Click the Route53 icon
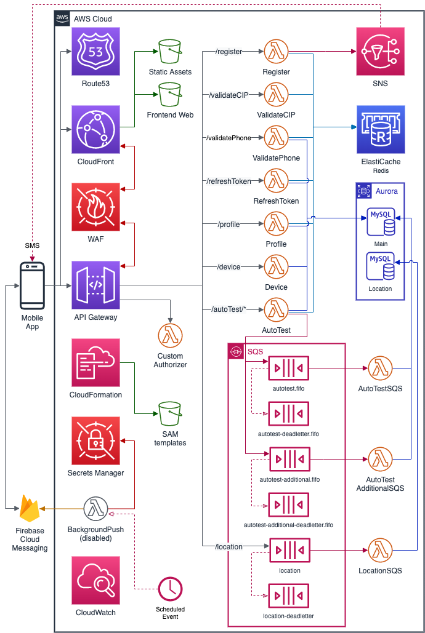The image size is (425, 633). (96, 52)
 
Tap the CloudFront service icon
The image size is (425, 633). (96, 129)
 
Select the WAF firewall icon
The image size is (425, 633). (96, 207)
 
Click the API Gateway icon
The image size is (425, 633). (96, 285)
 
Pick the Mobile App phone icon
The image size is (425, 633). (32, 285)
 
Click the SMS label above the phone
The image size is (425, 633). (32, 245)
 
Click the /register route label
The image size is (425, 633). (229, 52)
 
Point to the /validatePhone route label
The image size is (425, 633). (229, 138)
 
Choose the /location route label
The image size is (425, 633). (229, 546)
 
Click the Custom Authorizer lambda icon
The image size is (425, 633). (170, 335)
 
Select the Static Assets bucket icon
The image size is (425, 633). (170, 52)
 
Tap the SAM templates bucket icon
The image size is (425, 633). (170, 414)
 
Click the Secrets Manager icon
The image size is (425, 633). (96, 441)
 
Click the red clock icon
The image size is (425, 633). (170, 589)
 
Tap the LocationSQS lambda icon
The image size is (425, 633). (380, 550)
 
